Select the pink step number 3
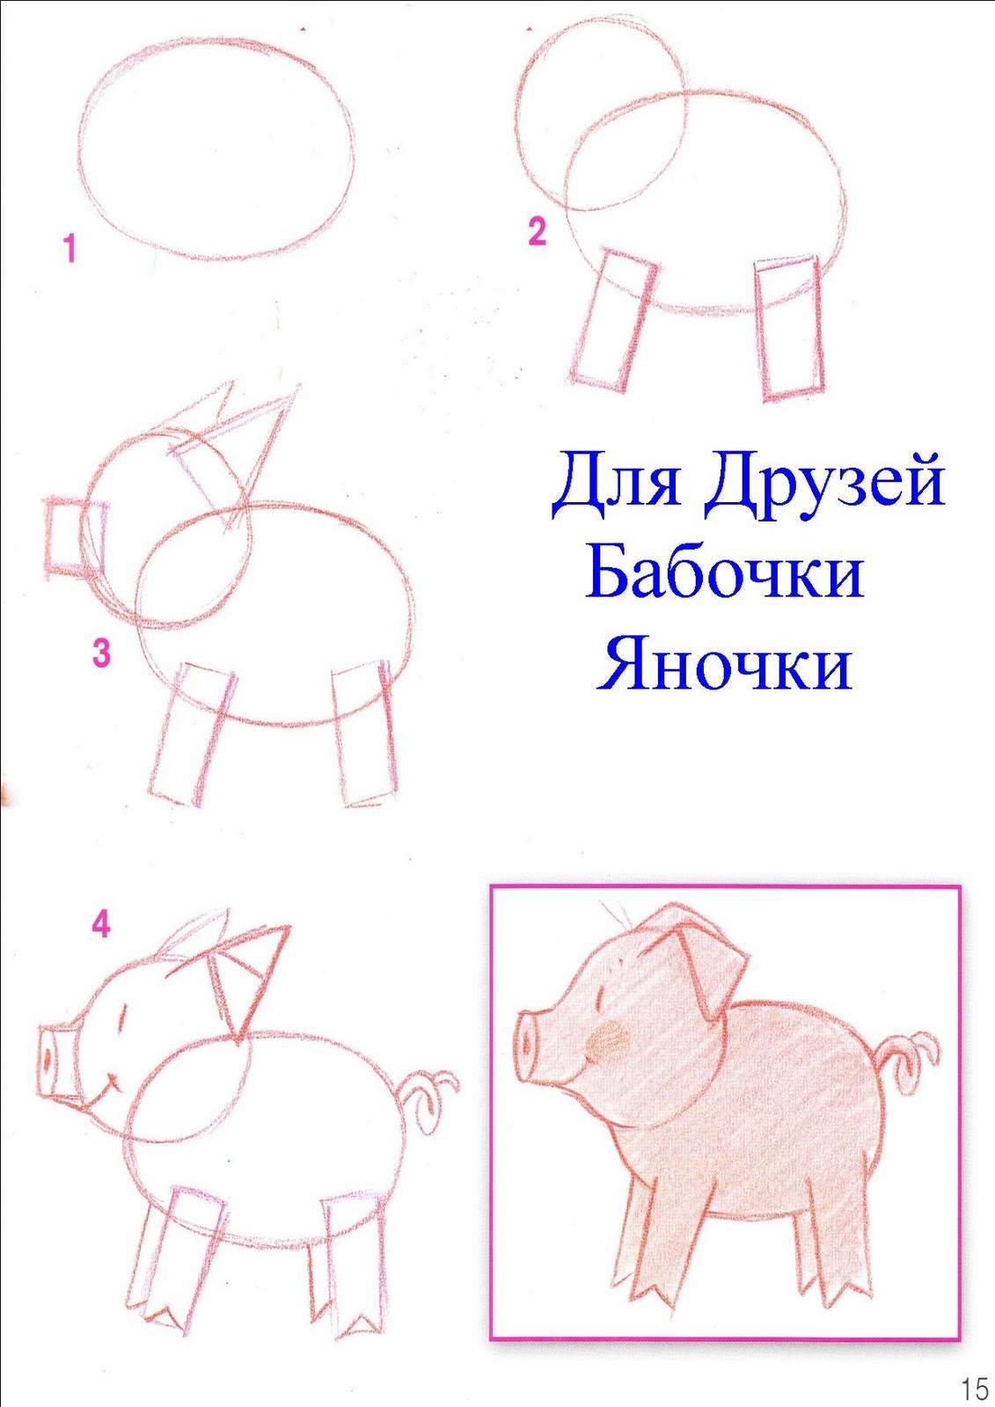click(x=101, y=653)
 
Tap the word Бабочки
click(x=724, y=572)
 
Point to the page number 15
click(x=974, y=1386)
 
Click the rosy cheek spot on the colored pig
click(x=607, y=1039)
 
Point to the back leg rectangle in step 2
click(x=790, y=327)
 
